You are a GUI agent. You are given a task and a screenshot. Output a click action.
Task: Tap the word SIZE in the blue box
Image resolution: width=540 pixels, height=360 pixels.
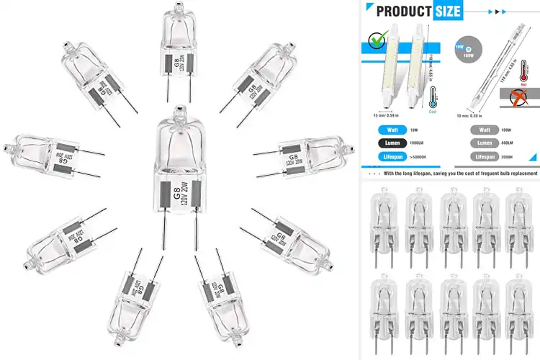(x=448, y=11)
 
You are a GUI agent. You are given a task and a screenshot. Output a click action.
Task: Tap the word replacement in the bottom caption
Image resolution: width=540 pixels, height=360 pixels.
(x=516, y=174)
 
